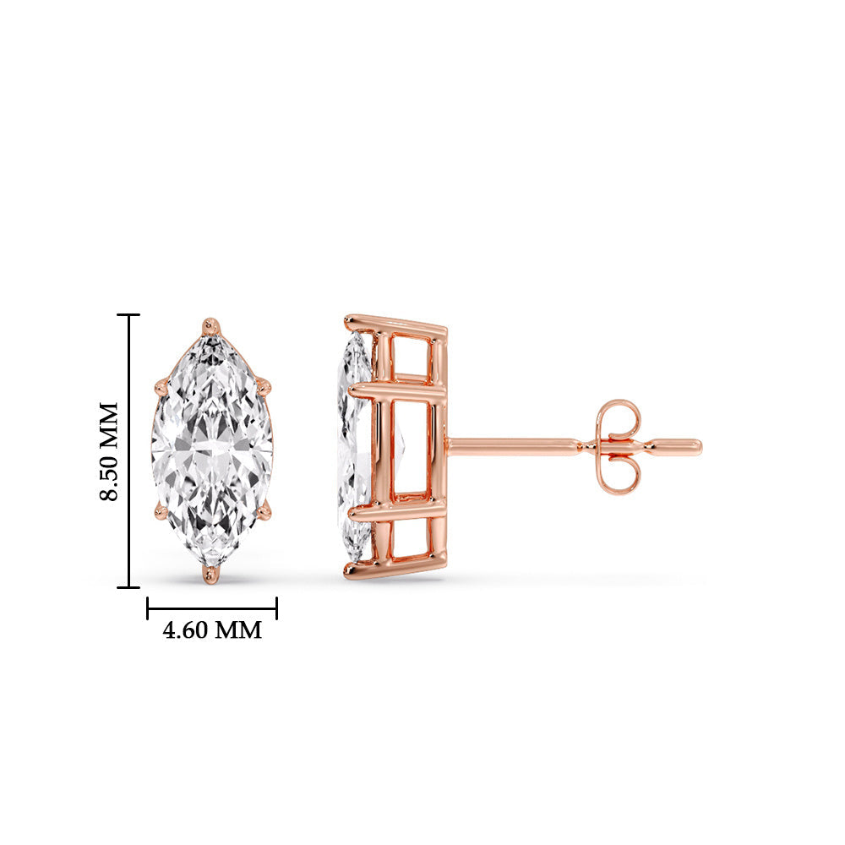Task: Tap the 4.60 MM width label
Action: click(x=212, y=630)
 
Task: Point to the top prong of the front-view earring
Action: click(x=210, y=325)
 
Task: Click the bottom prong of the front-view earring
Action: click(x=210, y=575)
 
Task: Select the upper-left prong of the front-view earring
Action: click(x=161, y=388)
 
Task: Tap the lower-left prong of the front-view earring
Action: click(x=161, y=510)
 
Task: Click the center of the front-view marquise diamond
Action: click(x=212, y=449)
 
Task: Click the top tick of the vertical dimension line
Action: click(x=128, y=315)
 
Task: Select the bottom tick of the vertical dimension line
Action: click(x=128, y=586)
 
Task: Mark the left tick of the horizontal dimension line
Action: click(x=148, y=608)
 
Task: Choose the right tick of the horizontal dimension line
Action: click(x=276, y=608)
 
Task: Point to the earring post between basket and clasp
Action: click(x=515, y=446)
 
